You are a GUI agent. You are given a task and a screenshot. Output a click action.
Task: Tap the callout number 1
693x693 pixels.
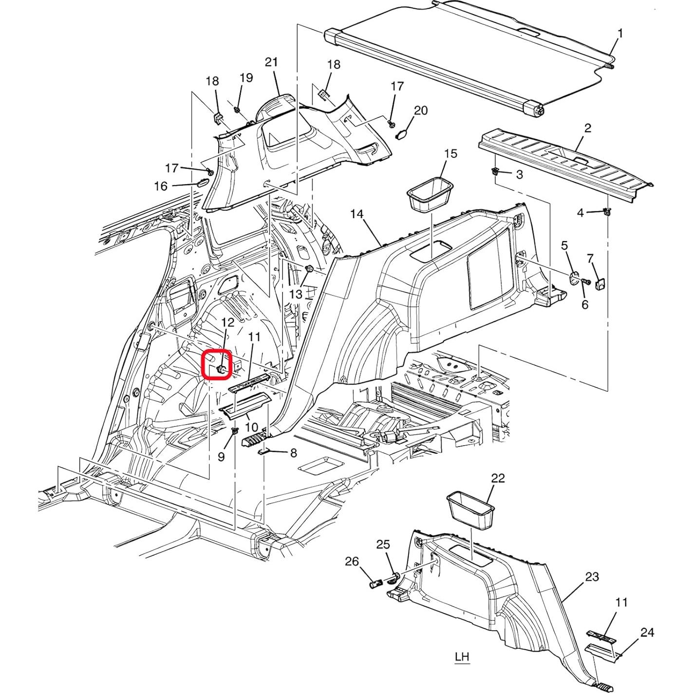point(620,34)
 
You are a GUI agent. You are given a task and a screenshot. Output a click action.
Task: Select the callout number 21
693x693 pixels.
point(271,62)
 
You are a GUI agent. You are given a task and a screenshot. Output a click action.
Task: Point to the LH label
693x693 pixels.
point(462,656)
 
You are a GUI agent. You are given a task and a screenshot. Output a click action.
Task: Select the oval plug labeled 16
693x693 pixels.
point(202,183)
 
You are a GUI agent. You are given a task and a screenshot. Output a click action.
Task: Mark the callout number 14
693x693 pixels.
point(356,214)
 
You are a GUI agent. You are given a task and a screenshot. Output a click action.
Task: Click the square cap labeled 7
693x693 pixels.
point(600,282)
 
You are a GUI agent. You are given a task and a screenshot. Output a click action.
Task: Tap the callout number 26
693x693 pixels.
point(352,562)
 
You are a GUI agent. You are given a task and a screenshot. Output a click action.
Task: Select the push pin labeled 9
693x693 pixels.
point(236,431)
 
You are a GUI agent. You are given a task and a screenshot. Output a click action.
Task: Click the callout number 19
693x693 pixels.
point(246,77)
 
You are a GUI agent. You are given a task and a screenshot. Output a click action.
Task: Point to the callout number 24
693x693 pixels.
point(647,632)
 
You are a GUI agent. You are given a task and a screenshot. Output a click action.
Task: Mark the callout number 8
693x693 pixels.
point(293,453)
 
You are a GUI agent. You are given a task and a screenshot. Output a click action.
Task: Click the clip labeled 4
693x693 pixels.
point(606,211)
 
